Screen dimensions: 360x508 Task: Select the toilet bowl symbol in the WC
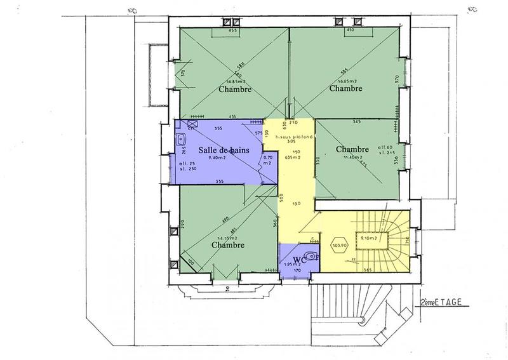pos(307,257)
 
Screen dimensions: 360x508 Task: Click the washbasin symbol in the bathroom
pos(181,138)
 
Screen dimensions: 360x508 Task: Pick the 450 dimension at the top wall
pos(349,30)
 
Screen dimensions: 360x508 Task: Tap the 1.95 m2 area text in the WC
pos(291,265)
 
